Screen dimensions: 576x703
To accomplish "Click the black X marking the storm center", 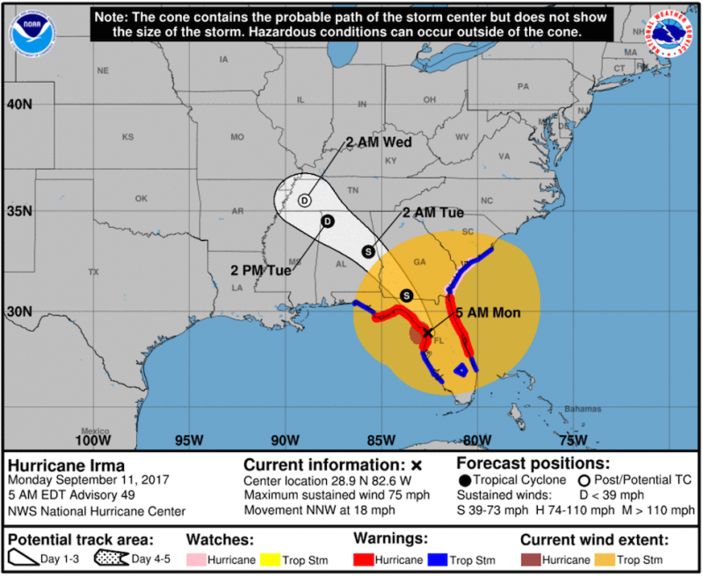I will click(428, 332).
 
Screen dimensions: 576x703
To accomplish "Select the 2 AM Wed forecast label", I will click(379, 142).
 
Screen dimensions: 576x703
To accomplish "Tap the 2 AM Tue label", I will click(432, 213).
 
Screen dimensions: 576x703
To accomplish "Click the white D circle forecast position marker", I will click(304, 201).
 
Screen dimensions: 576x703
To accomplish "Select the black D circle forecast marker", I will click(327, 221).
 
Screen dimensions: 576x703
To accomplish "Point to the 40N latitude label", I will click(19, 104).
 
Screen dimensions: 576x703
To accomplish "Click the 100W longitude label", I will click(92, 440).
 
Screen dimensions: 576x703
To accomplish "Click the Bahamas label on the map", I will click(583, 409).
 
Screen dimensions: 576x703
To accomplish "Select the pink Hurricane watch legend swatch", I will click(199, 559).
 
